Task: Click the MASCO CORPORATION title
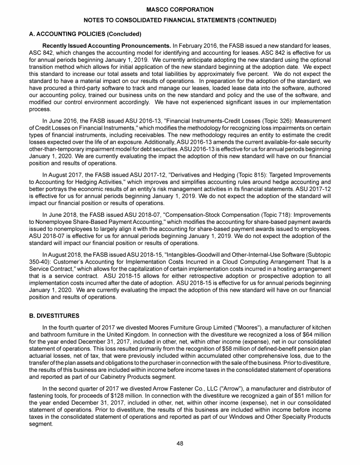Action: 180,10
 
